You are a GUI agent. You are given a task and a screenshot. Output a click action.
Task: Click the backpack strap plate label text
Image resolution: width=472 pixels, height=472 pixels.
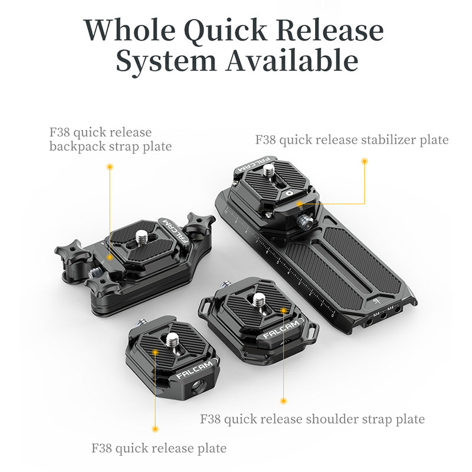[x=110, y=139]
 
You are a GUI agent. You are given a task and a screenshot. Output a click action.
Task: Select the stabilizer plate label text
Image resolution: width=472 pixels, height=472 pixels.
[x=352, y=140]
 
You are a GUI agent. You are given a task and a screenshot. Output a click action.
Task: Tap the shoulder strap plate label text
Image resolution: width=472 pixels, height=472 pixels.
[x=312, y=419]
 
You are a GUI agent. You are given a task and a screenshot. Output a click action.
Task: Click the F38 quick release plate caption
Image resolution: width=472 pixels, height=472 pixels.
[x=159, y=448]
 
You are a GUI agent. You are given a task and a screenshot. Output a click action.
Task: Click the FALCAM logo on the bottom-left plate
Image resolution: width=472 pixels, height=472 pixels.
[x=190, y=373]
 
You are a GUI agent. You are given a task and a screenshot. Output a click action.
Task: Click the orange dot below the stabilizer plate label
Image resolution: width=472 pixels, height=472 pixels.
[x=365, y=160]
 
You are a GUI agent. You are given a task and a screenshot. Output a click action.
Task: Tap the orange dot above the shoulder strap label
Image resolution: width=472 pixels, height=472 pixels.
[x=283, y=401]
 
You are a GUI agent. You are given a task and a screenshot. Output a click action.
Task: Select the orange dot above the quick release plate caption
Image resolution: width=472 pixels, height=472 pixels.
[x=156, y=429]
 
